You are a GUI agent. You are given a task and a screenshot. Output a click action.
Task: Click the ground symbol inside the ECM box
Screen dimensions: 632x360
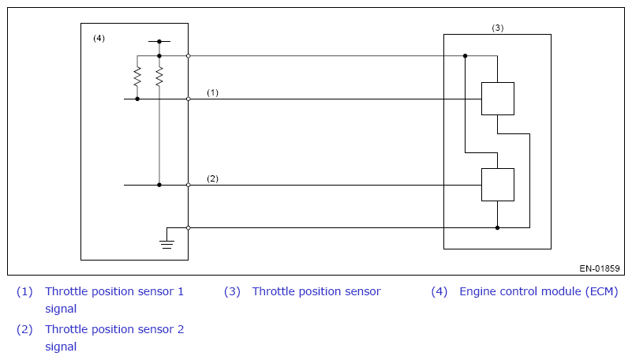(x=166, y=243)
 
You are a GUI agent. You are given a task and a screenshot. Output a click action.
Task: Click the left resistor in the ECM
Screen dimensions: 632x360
(x=137, y=77)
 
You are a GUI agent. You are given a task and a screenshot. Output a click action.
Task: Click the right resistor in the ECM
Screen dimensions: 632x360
(x=159, y=77)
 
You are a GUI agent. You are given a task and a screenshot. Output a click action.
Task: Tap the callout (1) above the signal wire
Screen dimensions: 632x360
(x=212, y=92)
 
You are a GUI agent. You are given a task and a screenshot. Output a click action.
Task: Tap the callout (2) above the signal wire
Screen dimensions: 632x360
(x=212, y=178)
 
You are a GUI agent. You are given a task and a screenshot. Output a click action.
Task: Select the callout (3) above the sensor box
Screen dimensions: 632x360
(x=498, y=28)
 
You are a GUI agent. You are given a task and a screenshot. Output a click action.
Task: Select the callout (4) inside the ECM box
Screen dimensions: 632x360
(x=99, y=39)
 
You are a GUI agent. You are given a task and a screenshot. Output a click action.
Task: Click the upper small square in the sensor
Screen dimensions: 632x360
(x=498, y=99)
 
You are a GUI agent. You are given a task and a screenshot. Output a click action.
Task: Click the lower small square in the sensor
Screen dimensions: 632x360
(x=498, y=185)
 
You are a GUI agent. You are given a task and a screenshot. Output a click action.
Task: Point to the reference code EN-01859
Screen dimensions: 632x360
(x=600, y=268)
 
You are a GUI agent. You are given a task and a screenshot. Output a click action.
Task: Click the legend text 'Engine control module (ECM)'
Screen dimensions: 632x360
(x=538, y=291)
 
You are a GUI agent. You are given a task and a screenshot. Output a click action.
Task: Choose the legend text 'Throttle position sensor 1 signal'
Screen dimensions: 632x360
(x=114, y=300)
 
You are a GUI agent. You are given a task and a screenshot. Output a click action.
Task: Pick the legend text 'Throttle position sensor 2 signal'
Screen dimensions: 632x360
(x=114, y=338)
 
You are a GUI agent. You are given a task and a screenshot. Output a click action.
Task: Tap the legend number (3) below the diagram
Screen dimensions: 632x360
(x=232, y=291)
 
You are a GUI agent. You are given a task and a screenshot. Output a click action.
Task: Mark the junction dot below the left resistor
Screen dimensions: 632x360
(x=137, y=99)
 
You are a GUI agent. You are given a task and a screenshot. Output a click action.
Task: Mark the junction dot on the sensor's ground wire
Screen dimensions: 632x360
(x=497, y=228)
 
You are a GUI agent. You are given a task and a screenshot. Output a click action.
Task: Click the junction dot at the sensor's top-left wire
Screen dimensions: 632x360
(x=466, y=55)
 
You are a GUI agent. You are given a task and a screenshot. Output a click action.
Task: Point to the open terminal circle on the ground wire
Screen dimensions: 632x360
(x=189, y=228)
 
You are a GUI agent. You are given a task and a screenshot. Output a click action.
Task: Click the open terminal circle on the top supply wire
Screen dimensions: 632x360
(x=189, y=55)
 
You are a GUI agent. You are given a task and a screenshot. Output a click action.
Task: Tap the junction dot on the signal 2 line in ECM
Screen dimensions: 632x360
(x=159, y=185)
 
